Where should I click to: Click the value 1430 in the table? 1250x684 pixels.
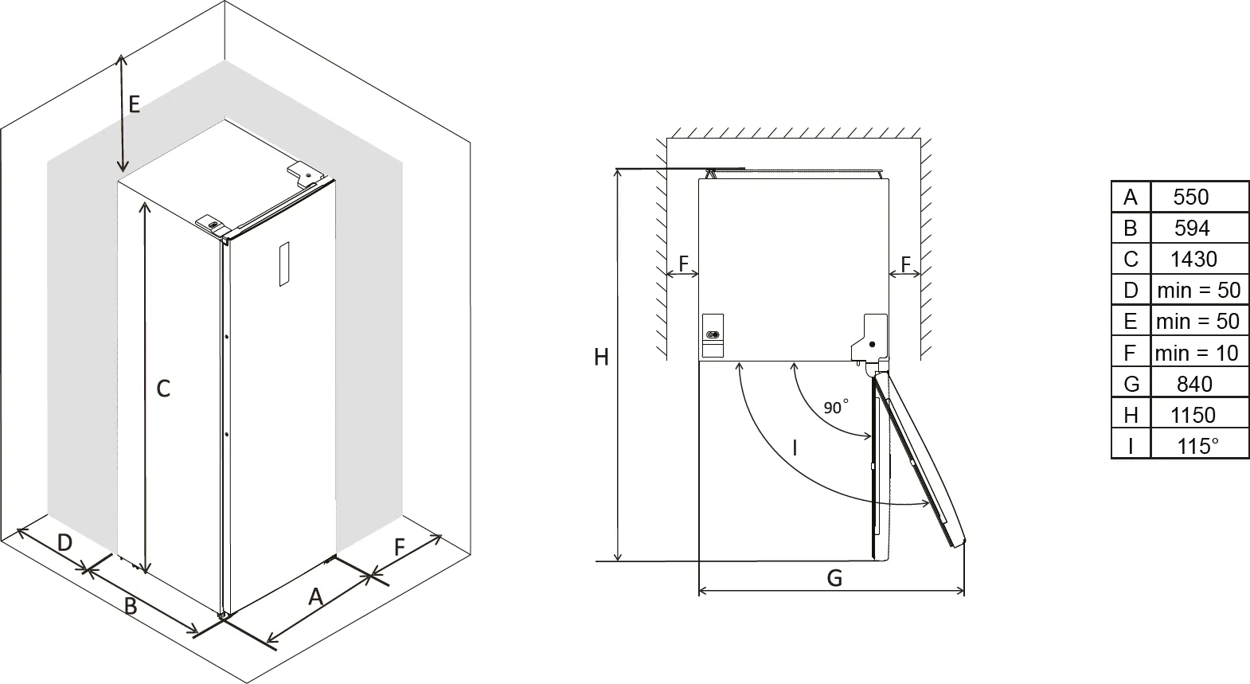coord(1193,259)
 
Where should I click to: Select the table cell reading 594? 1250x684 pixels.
coord(1192,228)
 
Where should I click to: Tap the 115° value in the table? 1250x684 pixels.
coord(1197,446)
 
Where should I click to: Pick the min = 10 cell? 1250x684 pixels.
coord(1197,353)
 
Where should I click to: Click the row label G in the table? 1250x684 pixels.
coord(1131,384)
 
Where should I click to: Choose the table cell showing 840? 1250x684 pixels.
coord(1193,384)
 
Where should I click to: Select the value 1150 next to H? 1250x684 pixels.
coord(1193,415)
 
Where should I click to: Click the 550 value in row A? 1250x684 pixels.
coord(1190,197)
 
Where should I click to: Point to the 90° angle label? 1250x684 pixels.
coord(835,408)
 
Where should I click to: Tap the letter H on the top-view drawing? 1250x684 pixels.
coord(601,358)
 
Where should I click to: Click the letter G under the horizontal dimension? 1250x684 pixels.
coord(834,577)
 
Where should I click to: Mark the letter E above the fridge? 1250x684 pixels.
coord(134,104)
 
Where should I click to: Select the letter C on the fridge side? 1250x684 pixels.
coord(163,389)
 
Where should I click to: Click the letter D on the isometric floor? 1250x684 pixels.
coord(65,543)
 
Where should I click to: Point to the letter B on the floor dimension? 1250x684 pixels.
coord(131,606)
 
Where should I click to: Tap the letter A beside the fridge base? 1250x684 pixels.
coord(315,596)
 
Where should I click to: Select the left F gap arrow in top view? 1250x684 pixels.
coord(682,273)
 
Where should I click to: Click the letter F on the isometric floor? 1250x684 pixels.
coord(400,547)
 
